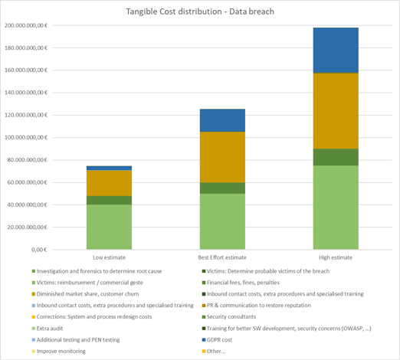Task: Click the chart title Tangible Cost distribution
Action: (x=200, y=11)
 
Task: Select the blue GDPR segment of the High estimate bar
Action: (x=336, y=51)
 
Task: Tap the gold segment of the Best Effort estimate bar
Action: (x=222, y=157)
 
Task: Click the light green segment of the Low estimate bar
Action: (x=109, y=227)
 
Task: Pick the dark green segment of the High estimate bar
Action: (x=336, y=157)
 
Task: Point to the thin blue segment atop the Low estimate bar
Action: (x=109, y=168)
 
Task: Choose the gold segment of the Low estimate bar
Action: (x=109, y=183)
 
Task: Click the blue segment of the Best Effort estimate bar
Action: (x=222, y=120)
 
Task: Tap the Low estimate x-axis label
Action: (x=109, y=257)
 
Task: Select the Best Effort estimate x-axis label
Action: (x=222, y=257)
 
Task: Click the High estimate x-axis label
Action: (x=336, y=257)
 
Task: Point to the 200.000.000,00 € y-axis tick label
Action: (x=26, y=25)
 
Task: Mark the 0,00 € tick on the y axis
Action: (x=39, y=250)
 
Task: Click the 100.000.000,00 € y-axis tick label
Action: (x=26, y=137)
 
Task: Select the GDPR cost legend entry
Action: (x=217, y=340)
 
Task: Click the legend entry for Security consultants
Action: (x=229, y=317)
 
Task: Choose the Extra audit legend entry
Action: (x=48, y=329)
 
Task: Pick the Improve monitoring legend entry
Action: (x=59, y=352)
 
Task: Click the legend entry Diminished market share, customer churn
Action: (x=85, y=294)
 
